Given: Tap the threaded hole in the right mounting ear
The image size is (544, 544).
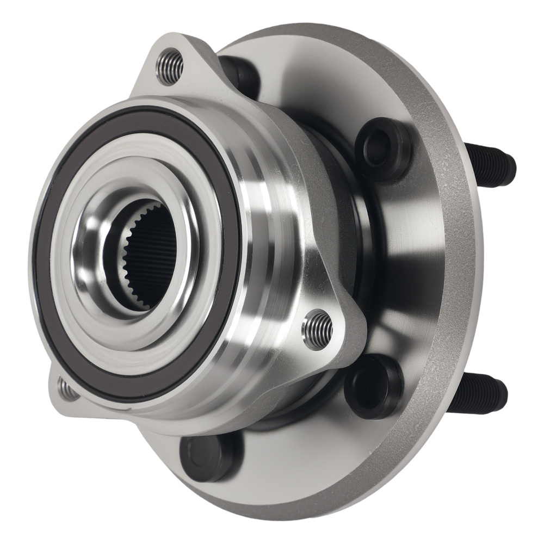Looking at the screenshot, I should [318, 329].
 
